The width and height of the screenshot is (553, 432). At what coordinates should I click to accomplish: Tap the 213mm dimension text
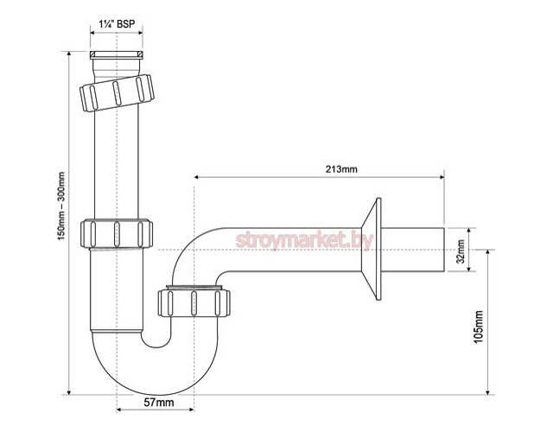340,168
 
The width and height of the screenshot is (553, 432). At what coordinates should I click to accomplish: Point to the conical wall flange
377,251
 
